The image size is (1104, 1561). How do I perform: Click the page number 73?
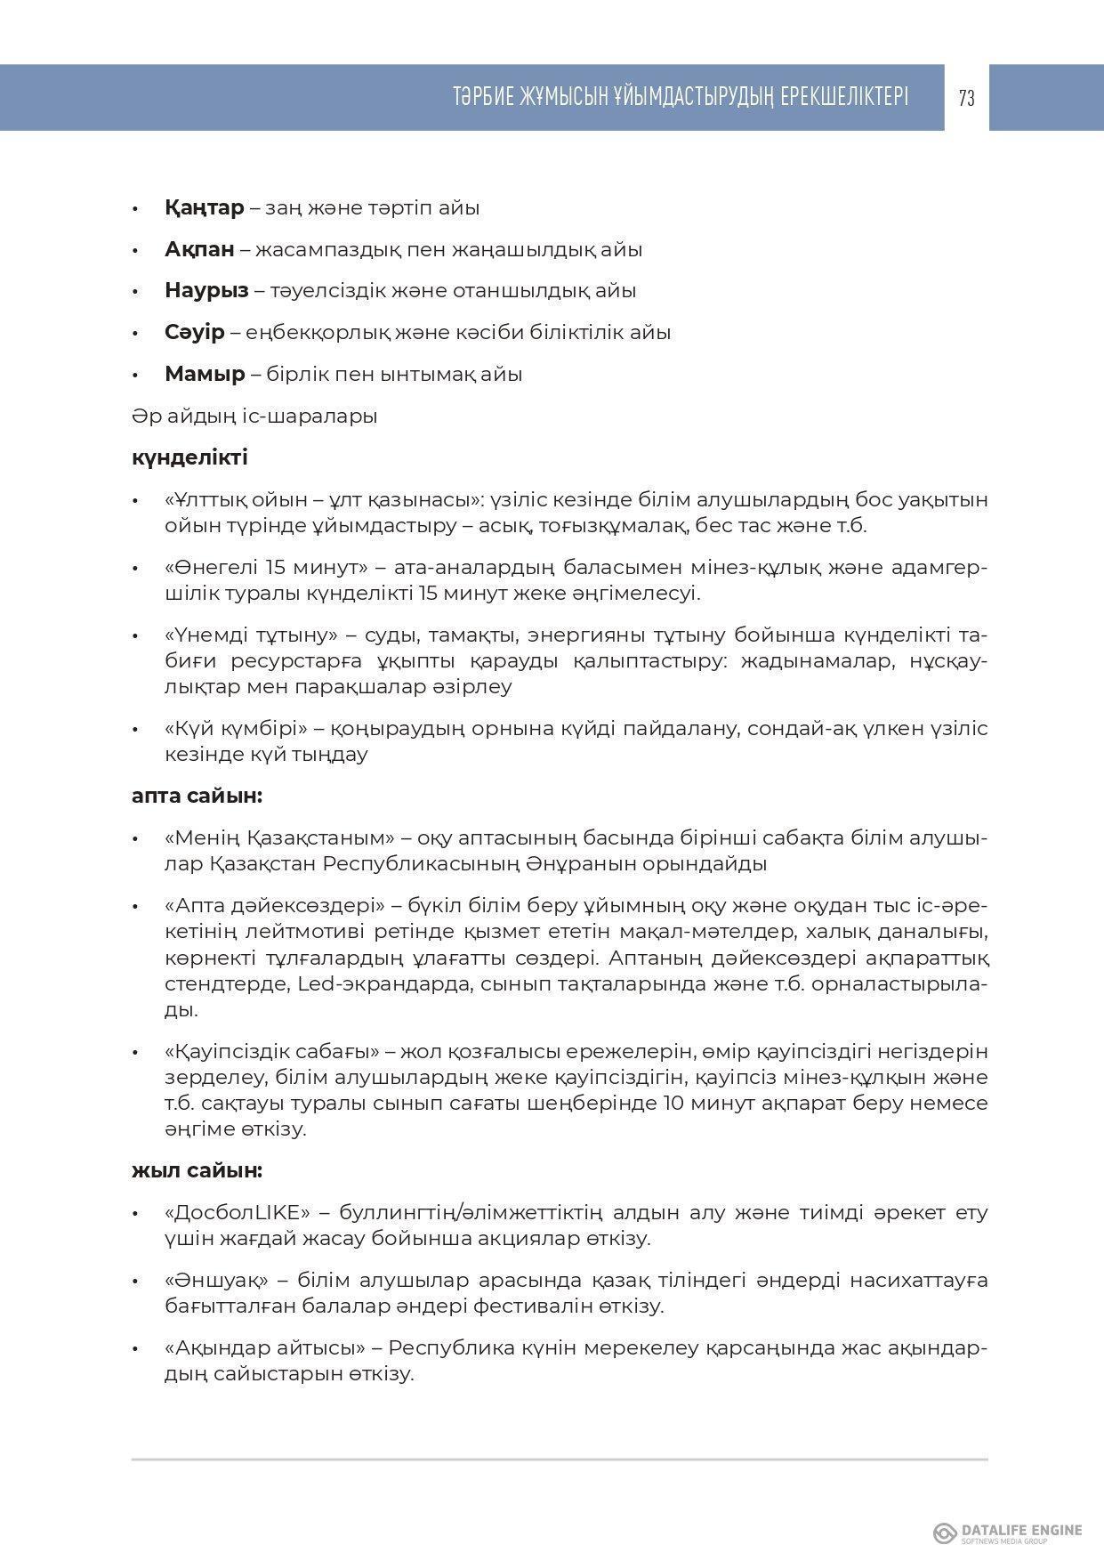point(966,99)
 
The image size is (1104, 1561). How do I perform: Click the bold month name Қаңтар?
point(204,208)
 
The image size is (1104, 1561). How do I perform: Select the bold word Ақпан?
point(199,250)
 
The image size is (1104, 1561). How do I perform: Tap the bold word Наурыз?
point(206,291)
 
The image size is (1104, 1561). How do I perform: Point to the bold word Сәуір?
point(194,333)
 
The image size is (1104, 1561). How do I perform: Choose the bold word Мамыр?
point(205,374)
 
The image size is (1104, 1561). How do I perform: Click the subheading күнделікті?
point(189,457)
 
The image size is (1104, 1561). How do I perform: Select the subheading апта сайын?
point(197,796)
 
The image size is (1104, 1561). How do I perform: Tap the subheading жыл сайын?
point(197,1170)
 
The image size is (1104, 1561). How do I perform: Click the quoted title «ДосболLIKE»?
point(237,1212)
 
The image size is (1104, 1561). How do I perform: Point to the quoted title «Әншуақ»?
point(216,1281)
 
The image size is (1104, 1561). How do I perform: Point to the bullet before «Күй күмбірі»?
point(135,730)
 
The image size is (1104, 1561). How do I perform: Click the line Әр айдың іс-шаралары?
point(254,416)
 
